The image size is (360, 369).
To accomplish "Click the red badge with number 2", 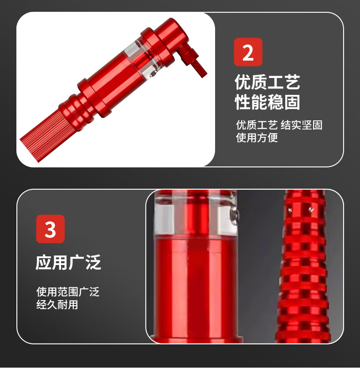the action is point(248,52).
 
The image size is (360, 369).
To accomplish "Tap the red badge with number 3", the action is point(50,229).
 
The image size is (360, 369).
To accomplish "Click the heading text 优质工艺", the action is point(267,82).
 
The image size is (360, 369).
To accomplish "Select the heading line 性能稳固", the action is point(267,102).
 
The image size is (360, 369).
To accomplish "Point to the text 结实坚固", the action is point(302,125).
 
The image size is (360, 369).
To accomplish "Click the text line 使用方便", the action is point(257,138).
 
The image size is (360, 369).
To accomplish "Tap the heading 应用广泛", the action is point(68,262).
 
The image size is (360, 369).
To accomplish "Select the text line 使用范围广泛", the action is point(68,292).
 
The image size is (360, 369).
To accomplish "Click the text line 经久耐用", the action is point(57,305).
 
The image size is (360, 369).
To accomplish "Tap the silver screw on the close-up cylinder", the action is point(235,215).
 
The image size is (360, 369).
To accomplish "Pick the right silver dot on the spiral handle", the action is point(311,209).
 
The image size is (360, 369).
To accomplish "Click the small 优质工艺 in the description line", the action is point(257,125).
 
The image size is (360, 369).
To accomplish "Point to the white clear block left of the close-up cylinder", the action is point(164,220).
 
